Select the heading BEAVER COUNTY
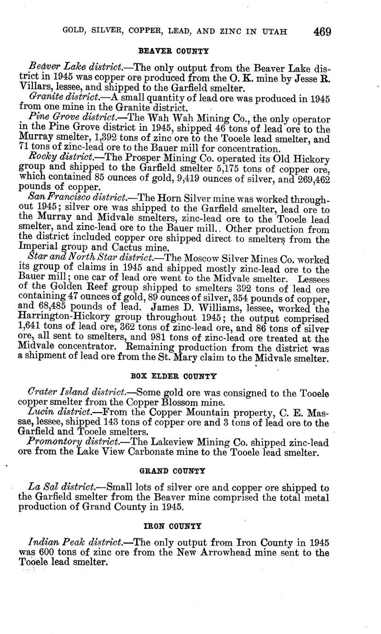pos(173,51)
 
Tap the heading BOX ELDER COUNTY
pos(173,376)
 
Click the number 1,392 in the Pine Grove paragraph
pos(85,139)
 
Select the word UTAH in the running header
pos(275,32)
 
